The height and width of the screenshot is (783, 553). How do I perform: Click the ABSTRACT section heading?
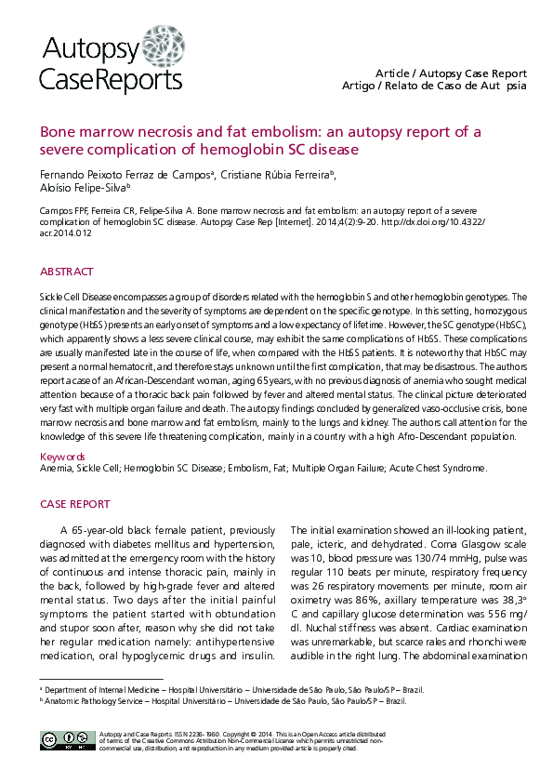point(67,272)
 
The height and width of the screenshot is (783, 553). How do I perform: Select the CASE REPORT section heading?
point(74,504)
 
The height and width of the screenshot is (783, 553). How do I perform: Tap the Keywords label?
point(63,457)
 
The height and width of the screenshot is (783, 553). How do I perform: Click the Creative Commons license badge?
point(62,740)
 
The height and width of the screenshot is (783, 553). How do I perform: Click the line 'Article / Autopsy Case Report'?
point(451,73)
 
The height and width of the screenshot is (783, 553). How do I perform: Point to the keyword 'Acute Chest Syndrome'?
point(438,469)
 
